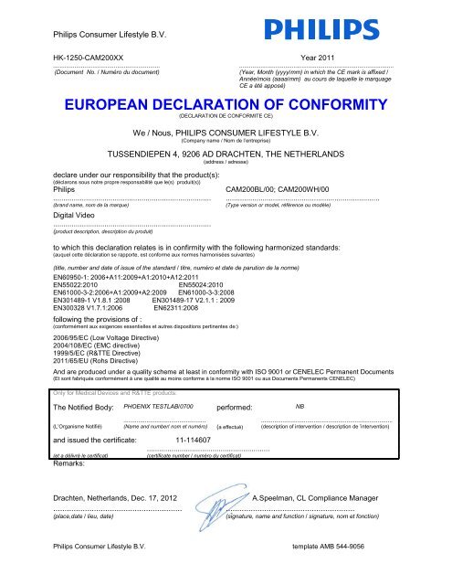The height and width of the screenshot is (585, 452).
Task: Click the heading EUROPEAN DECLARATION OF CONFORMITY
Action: (225, 104)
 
